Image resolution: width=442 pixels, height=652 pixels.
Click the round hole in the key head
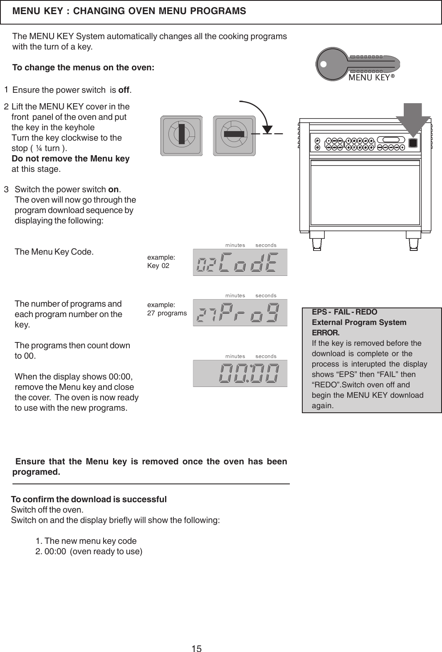(x=323, y=64)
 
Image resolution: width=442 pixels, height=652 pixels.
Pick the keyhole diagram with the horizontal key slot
(x=234, y=136)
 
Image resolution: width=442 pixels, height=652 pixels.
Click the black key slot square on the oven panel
(x=412, y=143)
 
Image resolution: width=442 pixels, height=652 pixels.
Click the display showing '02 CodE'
(x=240, y=263)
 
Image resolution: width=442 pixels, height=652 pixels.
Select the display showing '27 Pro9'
(x=240, y=313)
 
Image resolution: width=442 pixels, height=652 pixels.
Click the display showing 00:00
(x=240, y=373)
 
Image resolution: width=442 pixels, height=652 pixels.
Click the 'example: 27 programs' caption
(x=167, y=309)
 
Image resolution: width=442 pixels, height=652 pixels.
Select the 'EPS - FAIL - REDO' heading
(x=345, y=312)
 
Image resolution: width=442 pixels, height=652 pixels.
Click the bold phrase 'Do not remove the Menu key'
(x=70, y=159)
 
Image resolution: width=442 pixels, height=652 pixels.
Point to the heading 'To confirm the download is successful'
(x=89, y=499)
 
